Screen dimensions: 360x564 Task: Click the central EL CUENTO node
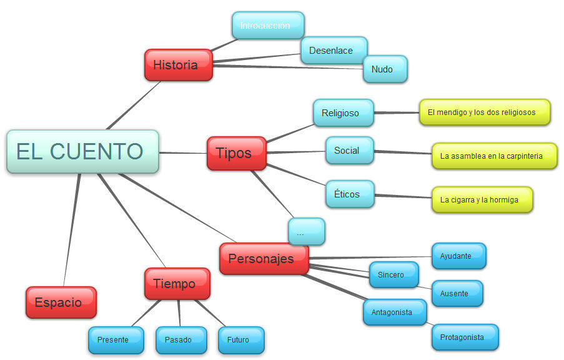82,151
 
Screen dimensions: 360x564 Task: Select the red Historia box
178,65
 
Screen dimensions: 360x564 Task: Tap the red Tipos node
236,153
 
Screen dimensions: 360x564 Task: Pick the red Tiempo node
177,284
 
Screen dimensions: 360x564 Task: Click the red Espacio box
61,302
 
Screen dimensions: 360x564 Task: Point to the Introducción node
267,26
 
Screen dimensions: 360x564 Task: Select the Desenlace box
334,51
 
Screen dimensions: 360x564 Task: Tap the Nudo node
385,69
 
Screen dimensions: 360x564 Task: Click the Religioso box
343,113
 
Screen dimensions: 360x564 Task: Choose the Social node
349,151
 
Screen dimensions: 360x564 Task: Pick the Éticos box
350,194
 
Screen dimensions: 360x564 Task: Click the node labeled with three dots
306,232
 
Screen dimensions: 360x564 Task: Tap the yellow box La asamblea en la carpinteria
494,156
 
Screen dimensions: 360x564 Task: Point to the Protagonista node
465,337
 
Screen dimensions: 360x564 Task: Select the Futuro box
240,340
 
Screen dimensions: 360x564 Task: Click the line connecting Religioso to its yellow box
397,113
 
